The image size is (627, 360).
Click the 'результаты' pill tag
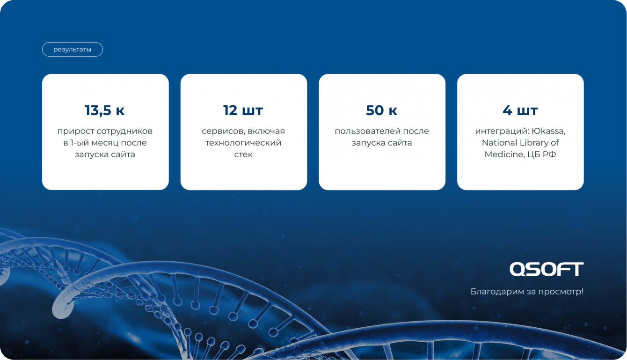[72, 49]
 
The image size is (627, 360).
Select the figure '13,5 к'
[105, 110]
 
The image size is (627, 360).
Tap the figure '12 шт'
[243, 110]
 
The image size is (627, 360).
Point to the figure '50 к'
[381, 110]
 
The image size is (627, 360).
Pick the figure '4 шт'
[520, 110]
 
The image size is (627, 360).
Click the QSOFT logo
[547, 269]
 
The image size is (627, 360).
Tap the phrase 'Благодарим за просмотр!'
[527, 292]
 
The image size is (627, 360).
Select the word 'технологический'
[243, 143]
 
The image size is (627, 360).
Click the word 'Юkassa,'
[548, 131]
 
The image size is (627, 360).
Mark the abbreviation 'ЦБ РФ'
[542, 154]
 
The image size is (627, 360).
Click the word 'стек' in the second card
[243, 154]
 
